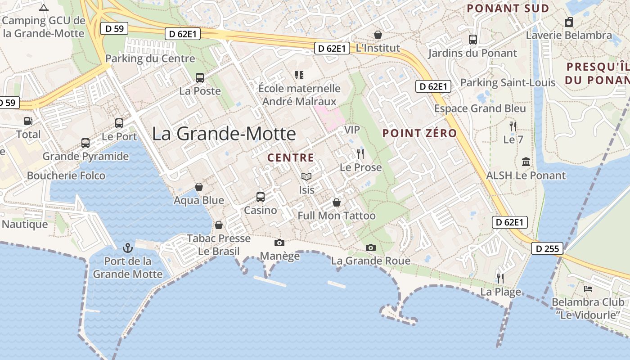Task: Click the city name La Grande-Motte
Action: pos(224,134)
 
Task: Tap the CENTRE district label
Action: pos(290,157)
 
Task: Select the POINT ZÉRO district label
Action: pos(419,133)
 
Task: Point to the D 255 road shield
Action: pos(547,248)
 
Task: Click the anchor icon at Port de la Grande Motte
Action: pos(128,247)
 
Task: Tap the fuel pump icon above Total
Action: pos(28,121)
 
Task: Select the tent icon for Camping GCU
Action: pos(43,7)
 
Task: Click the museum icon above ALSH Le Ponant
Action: pos(526,162)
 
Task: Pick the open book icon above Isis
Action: pos(306,176)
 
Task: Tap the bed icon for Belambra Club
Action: pos(588,288)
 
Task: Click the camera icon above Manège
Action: pos(279,243)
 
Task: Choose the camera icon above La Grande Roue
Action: pos(371,247)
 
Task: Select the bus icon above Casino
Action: pos(261,197)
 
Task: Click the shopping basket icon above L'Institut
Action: pos(378,35)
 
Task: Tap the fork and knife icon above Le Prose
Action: pos(360,154)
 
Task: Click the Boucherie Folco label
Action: pos(66,175)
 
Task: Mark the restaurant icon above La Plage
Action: pos(500,278)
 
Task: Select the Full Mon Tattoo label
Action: pos(337,216)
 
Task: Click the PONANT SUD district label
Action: pos(508,8)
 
